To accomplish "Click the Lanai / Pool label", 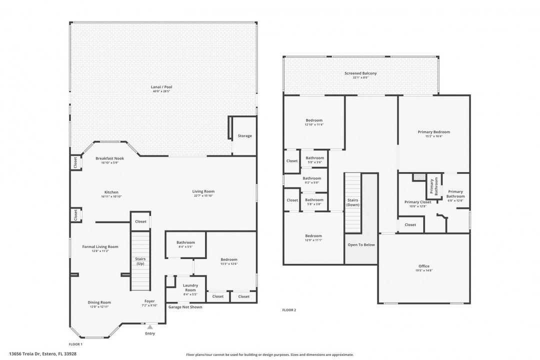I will (x=161, y=87).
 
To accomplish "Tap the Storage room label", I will (x=244, y=136).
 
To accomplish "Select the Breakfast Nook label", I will (x=109, y=158).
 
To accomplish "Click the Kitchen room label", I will (x=111, y=192).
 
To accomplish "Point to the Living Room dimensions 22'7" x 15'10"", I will (x=203, y=196).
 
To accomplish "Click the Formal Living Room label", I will (x=100, y=246).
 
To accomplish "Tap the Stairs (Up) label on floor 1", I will (x=140, y=260).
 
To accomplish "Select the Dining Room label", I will (x=100, y=302).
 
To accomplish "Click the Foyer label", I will (x=149, y=301).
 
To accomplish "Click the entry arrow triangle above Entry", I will (x=149, y=326).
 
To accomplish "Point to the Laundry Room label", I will (x=190, y=287).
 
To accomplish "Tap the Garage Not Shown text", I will (x=185, y=307).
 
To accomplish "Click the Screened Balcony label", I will (x=360, y=73).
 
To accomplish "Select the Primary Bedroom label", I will (x=433, y=132).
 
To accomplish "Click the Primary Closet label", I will (x=417, y=202).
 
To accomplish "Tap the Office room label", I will (x=423, y=266).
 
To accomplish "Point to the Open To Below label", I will (x=361, y=244).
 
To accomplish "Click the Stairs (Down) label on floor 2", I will (x=353, y=202).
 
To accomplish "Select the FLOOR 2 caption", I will (x=289, y=310).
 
